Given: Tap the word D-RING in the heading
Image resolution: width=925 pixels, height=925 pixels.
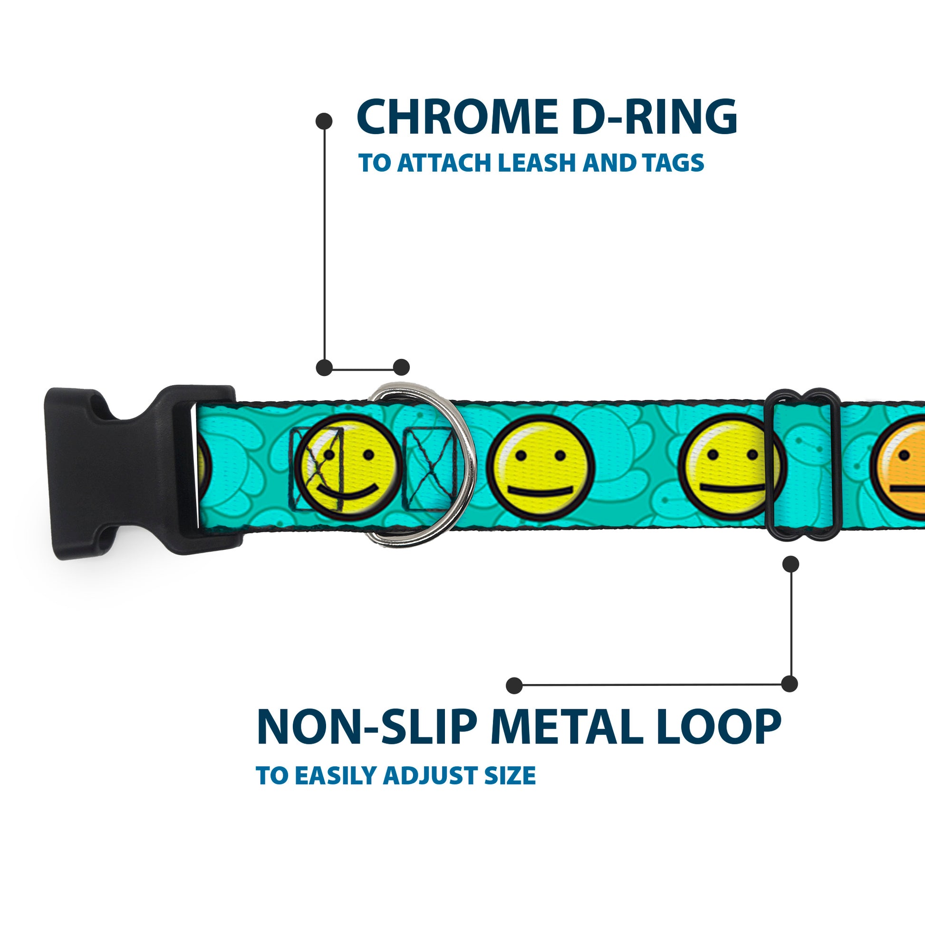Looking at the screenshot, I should (x=654, y=117).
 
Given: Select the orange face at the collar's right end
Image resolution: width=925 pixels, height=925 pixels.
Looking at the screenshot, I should (x=905, y=472).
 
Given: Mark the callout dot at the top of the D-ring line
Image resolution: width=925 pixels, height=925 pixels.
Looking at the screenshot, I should (x=325, y=121).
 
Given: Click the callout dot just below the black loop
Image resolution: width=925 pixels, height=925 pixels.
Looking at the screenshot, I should (x=790, y=564).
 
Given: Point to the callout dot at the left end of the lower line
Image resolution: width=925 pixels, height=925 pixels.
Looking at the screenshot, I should (x=514, y=685).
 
